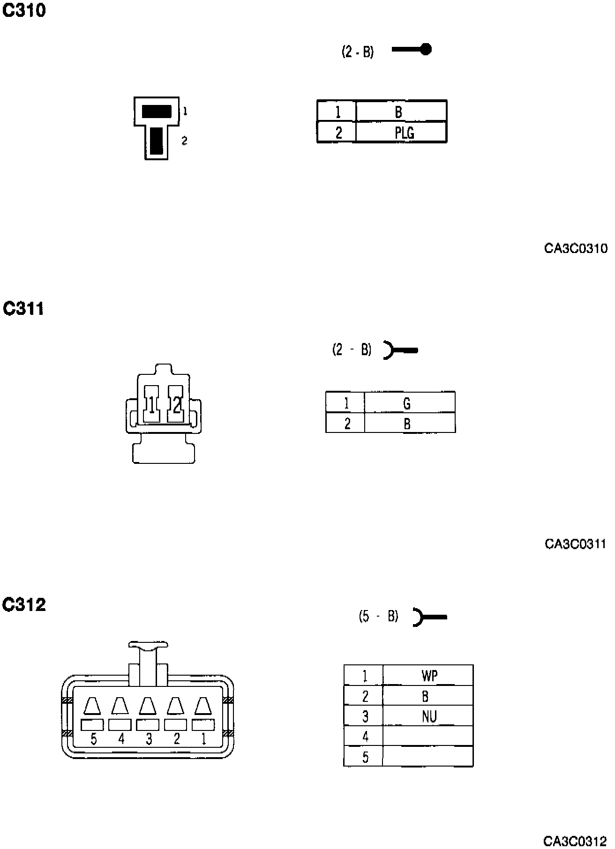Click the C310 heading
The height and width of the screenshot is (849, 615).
click(x=24, y=10)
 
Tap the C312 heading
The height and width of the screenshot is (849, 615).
click(x=24, y=604)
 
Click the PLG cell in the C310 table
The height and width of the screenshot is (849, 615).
click(x=401, y=133)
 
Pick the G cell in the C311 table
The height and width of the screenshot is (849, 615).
click(x=409, y=402)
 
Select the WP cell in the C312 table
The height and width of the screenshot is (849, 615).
click(x=428, y=676)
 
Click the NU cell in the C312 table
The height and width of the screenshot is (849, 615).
click(x=428, y=716)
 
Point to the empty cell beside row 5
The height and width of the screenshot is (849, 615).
click(x=427, y=756)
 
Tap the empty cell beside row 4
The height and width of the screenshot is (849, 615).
click(x=427, y=736)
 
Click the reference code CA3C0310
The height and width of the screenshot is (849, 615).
click(x=575, y=248)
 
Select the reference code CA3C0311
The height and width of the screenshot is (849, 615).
click(x=575, y=544)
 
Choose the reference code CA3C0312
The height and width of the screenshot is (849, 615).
click(x=575, y=841)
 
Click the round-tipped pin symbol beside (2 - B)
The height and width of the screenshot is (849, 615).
click(x=412, y=49)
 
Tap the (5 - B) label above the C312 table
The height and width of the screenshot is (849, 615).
click(x=378, y=616)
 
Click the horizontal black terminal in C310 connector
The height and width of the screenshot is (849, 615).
click(x=156, y=112)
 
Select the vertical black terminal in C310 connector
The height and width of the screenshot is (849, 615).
click(x=156, y=141)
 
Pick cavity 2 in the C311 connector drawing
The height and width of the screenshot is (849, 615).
click(x=176, y=404)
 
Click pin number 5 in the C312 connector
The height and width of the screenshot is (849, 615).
click(x=94, y=739)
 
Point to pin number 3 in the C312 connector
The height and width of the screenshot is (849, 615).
click(x=149, y=739)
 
